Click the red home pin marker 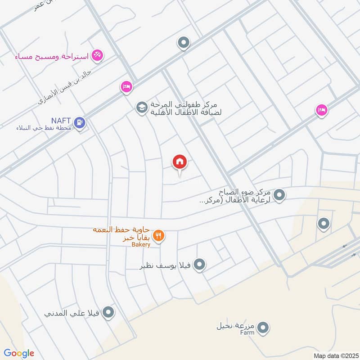click(x=180, y=162)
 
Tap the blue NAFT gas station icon click(x=80, y=122)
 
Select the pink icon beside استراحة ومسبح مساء click(x=96, y=56)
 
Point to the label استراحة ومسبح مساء click(x=52, y=57)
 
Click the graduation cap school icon click(x=142, y=108)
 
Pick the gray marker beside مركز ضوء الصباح click(x=279, y=195)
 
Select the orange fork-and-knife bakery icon click(x=158, y=235)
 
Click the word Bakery click(x=141, y=245)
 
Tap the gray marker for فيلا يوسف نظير click(x=200, y=265)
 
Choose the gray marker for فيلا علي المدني click(x=108, y=312)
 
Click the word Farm click(x=247, y=333)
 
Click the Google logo click(x=19, y=353)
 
